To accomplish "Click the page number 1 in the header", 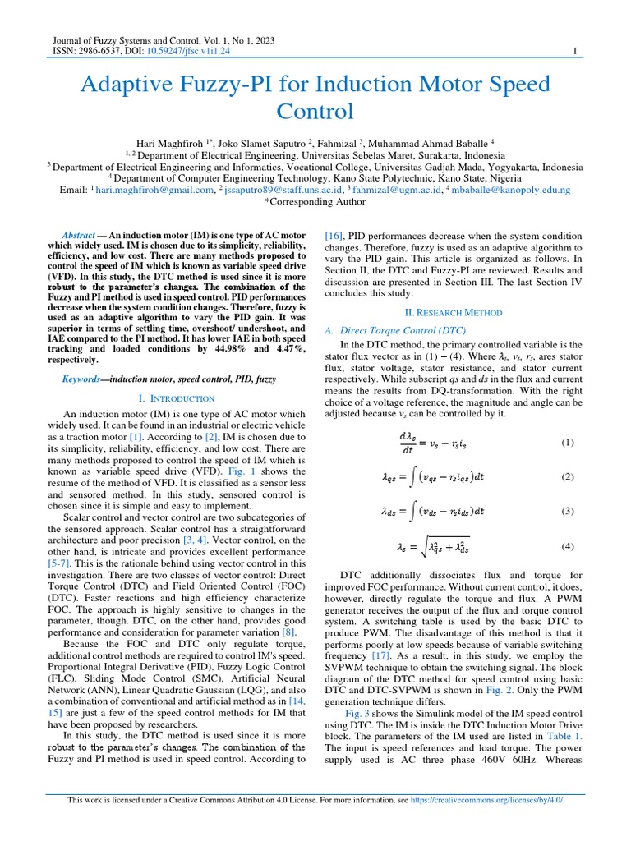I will pos(574,51).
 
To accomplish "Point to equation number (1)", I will pos(567,443).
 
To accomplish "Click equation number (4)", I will pos(567,546).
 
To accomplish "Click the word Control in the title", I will pos(315,111).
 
